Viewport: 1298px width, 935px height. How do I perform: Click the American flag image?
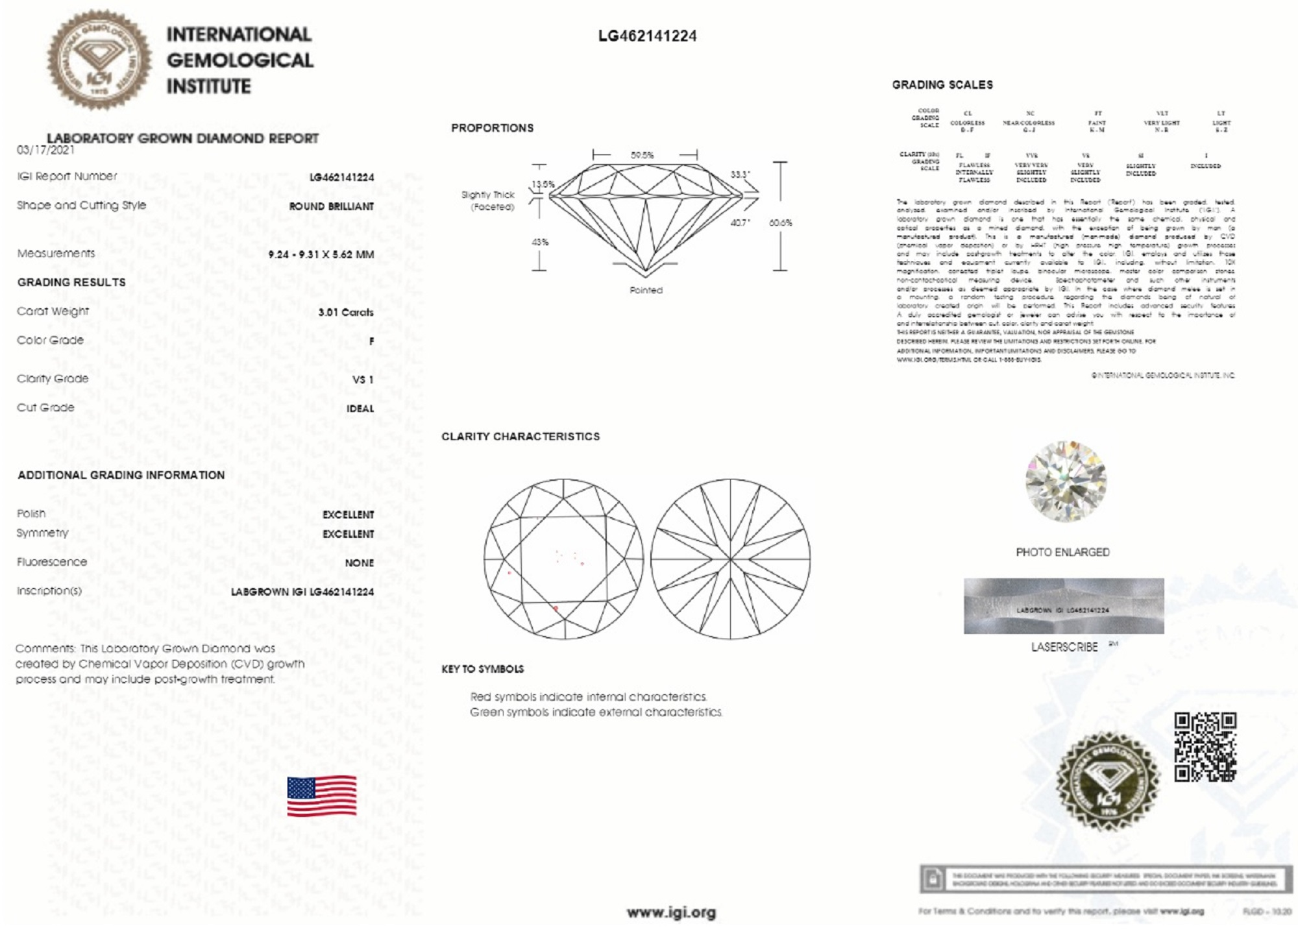coord(322,795)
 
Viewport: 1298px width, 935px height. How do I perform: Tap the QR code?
coord(1205,747)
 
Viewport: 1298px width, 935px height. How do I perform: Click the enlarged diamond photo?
coord(1066,481)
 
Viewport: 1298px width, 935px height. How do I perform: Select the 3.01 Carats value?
coord(346,312)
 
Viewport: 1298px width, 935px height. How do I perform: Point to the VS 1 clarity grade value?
coord(363,380)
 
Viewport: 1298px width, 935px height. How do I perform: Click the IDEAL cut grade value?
coord(360,409)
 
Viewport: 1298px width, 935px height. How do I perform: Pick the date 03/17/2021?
coord(45,151)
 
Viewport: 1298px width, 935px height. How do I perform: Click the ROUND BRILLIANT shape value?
coord(332,206)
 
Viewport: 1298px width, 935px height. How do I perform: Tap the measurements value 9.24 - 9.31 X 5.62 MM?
coord(321,254)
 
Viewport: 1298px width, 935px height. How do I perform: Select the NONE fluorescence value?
coord(360,563)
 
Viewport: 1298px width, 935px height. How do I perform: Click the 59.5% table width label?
coord(643,155)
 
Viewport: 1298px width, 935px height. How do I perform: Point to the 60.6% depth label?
coord(780,223)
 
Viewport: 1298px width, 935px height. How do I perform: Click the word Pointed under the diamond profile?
coord(646,290)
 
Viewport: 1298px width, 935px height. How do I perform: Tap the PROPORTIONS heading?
coord(492,128)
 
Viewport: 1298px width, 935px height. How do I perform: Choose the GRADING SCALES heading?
coord(942,84)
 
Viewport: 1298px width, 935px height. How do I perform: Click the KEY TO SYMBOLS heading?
coord(482,669)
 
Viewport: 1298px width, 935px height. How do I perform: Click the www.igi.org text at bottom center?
coord(671,912)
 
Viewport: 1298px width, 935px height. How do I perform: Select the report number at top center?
coord(647,36)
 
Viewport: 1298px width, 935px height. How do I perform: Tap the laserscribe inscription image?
coord(1063,606)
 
